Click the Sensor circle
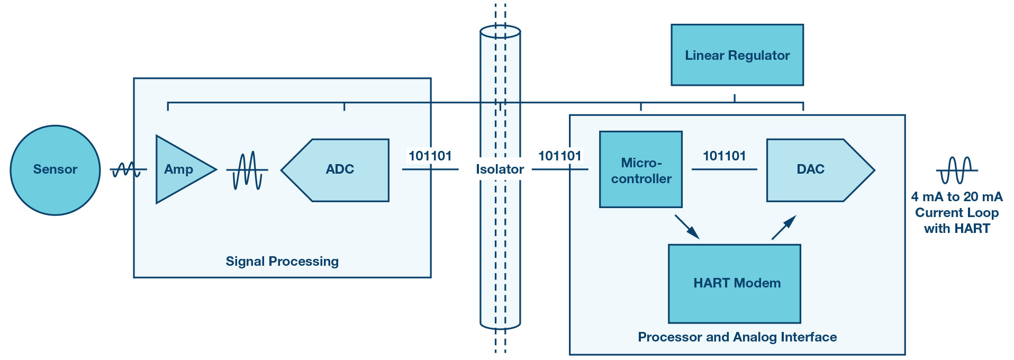click(x=55, y=170)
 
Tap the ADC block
click(x=335, y=170)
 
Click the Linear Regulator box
click(x=737, y=55)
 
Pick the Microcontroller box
click(x=641, y=169)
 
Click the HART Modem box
click(x=735, y=284)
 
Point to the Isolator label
click(x=500, y=169)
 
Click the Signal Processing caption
click(x=282, y=262)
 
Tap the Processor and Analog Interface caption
click(x=737, y=337)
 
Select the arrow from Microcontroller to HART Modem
click(x=687, y=227)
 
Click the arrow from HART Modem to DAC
click(x=784, y=227)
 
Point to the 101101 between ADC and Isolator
click(x=430, y=156)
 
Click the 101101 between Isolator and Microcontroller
click(x=559, y=156)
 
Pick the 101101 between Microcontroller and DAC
click(x=724, y=156)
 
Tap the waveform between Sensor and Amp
click(x=128, y=170)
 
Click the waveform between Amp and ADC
click(x=247, y=170)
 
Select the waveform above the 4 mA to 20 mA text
click(x=957, y=170)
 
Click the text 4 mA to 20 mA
click(x=957, y=197)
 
